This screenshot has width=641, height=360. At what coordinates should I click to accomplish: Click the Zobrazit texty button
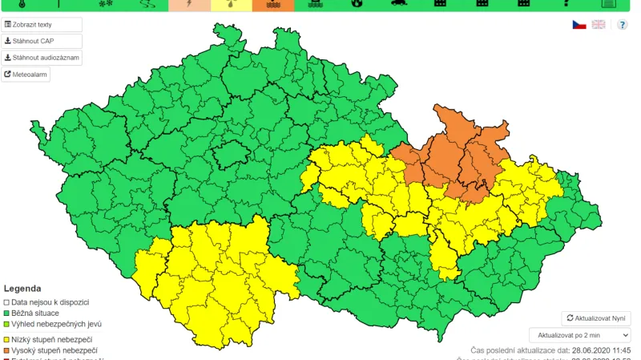coord(42,25)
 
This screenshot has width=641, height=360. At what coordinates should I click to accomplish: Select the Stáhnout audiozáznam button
coord(42,58)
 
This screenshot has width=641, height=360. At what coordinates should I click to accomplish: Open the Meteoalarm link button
coord(26,75)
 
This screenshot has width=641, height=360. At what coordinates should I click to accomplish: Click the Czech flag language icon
coord(579,25)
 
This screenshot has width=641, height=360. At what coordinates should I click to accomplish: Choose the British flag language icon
coord(599,25)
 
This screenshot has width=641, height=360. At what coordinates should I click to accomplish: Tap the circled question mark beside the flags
coord(623,25)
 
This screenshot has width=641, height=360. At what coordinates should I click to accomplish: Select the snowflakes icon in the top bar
coord(104,5)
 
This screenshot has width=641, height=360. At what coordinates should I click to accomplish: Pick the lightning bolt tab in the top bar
coord(189,5)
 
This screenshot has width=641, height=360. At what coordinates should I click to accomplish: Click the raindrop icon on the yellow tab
coord(231,5)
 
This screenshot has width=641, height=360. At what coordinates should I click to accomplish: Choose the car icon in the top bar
coord(397,5)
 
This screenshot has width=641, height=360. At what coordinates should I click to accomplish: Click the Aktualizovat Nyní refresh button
coord(595,318)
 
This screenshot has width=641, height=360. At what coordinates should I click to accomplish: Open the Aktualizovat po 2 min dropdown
coord(579,335)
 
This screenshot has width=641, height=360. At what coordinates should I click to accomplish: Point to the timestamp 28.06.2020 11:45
coord(601,350)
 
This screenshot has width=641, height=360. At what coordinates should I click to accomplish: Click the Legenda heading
coord(22,288)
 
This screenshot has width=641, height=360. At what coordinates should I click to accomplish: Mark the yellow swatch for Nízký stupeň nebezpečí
coord(6,339)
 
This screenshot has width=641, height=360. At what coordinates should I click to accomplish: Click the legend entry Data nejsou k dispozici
coord(50,301)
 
